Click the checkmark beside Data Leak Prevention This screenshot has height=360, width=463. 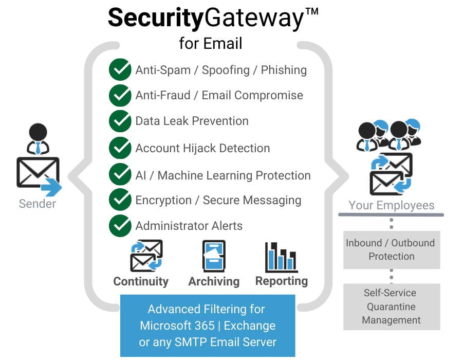tap(120, 121)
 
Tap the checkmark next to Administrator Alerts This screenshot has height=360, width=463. tap(120, 226)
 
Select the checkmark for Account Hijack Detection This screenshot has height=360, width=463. tap(120, 148)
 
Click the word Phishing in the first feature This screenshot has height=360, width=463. tap(284, 70)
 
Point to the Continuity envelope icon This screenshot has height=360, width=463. tap(146, 256)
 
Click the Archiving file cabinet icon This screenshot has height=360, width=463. tap(214, 256)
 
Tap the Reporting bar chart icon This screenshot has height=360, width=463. tap(281, 257)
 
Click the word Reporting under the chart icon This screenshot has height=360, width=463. tap(281, 281)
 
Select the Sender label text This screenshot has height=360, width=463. tap(38, 204)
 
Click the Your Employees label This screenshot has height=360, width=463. tap(391, 205)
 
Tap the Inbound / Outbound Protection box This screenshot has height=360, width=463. tap(391, 249)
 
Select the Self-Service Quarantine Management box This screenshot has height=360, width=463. tap(391, 307)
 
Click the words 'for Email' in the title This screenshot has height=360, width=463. tap(211, 43)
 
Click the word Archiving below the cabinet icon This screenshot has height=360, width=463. tap(214, 281)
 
